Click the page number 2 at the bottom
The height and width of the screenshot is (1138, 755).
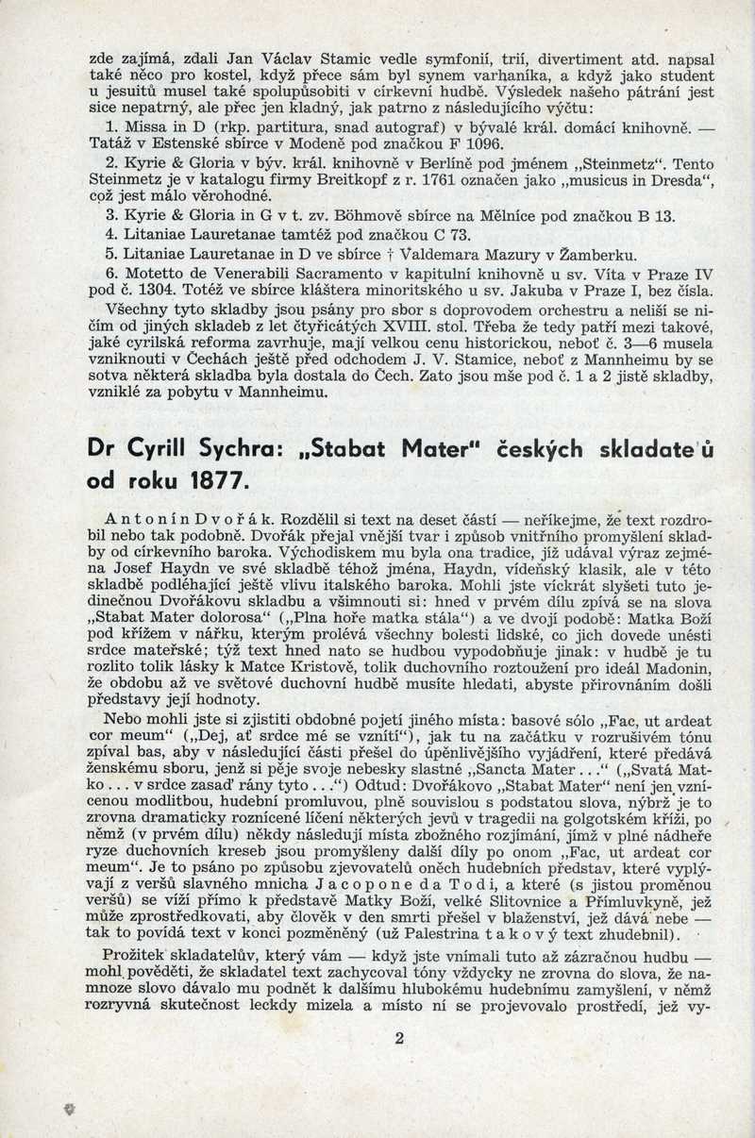click(x=399, y=1038)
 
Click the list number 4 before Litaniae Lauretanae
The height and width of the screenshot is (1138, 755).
click(x=111, y=235)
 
